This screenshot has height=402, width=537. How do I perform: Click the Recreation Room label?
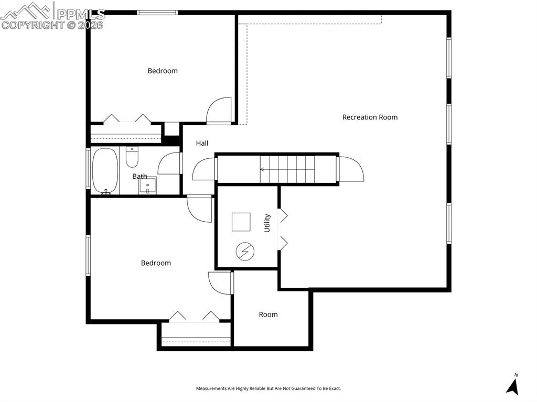coord(370,117)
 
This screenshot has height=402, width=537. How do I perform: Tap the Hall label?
coord(202,143)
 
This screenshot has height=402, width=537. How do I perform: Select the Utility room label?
coord(267,223)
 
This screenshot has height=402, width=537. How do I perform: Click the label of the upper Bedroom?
coord(163,71)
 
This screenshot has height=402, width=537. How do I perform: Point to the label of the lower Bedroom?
coord(156,263)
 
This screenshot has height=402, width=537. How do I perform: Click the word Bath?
coord(139,177)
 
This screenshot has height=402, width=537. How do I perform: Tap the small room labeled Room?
coord(268,314)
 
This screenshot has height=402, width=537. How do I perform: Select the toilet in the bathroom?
coord(132,157)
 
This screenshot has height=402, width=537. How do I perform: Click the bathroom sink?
coord(148,185)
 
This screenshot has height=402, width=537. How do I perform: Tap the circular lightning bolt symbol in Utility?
coord(244,252)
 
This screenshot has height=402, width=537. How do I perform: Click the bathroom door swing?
coord(169,163)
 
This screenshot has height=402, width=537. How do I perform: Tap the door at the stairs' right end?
coord(351,169)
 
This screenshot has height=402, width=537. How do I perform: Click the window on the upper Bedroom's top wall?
coord(157,13)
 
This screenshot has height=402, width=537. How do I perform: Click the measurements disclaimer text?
coord(268,388)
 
